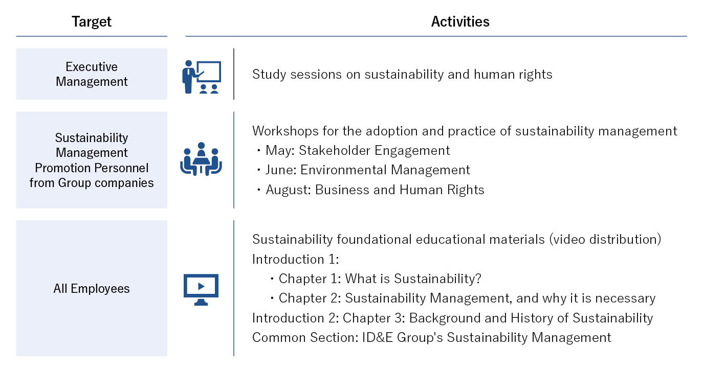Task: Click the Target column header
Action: pyautogui.click(x=91, y=21)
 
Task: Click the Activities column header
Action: pyautogui.click(x=460, y=21)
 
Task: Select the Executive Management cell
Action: pyautogui.click(x=92, y=74)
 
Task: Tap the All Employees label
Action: pyautogui.click(x=91, y=288)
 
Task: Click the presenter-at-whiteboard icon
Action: pyautogui.click(x=202, y=77)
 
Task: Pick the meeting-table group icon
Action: pyautogui.click(x=201, y=159)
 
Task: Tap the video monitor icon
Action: pyautogui.click(x=201, y=290)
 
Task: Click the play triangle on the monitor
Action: pyautogui.click(x=201, y=286)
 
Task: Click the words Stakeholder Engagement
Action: pyautogui.click(x=375, y=151)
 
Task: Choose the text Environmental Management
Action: pyautogui.click(x=385, y=170)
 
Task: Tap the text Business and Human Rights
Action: pyautogui.click(x=400, y=190)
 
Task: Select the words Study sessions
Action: pyautogui.click(x=297, y=75)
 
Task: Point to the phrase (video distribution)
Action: pyautogui.click(x=605, y=239)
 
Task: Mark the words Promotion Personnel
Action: pyautogui.click(x=92, y=168)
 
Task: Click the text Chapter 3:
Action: pyautogui.click(x=374, y=318)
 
